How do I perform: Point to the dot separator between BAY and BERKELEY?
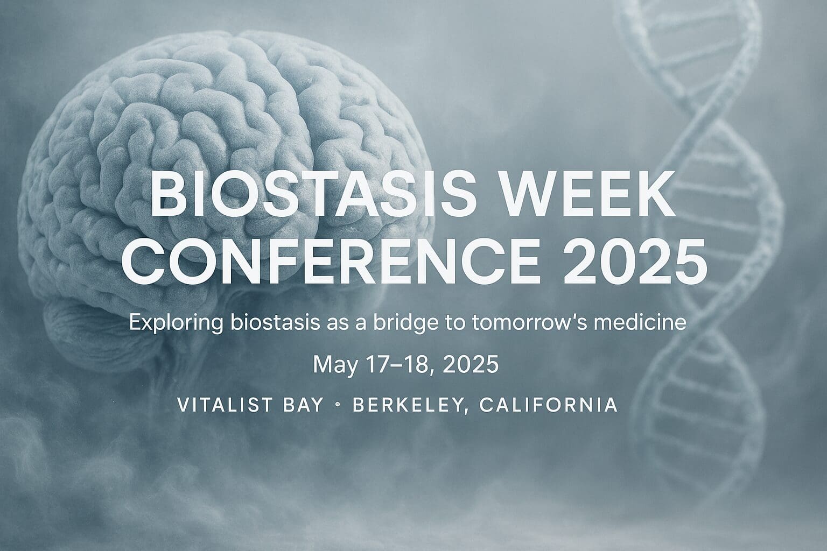click(338, 405)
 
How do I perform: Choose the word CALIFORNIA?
click(548, 405)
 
